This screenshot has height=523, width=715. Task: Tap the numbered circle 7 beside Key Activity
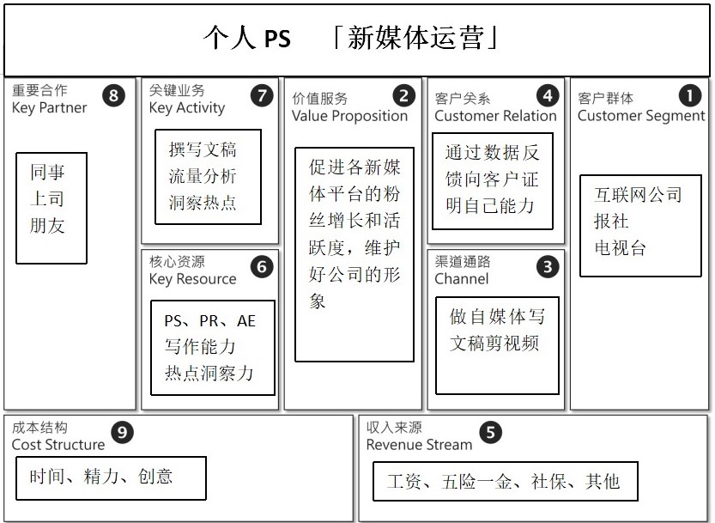click(261, 95)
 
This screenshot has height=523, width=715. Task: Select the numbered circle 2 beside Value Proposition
click(402, 95)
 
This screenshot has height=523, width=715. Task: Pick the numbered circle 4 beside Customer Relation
click(546, 95)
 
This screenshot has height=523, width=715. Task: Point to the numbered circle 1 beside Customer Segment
click(689, 95)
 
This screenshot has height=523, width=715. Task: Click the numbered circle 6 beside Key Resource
click(261, 267)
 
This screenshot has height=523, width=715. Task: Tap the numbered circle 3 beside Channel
click(546, 267)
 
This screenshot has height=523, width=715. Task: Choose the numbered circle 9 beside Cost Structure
click(124, 433)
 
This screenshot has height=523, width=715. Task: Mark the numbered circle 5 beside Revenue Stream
click(490, 433)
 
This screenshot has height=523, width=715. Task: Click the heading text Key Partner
click(49, 108)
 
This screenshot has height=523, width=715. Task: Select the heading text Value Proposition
click(349, 116)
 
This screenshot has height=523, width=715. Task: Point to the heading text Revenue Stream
click(419, 445)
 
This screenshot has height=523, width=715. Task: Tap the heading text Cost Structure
click(58, 445)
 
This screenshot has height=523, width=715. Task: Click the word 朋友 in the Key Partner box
click(47, 227)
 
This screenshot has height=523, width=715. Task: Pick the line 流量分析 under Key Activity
click(203, 177)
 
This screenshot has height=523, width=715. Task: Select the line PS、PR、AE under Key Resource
click(209, 322)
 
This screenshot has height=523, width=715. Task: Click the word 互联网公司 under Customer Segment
click(638, 194)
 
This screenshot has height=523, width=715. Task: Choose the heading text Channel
click(462, 279)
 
